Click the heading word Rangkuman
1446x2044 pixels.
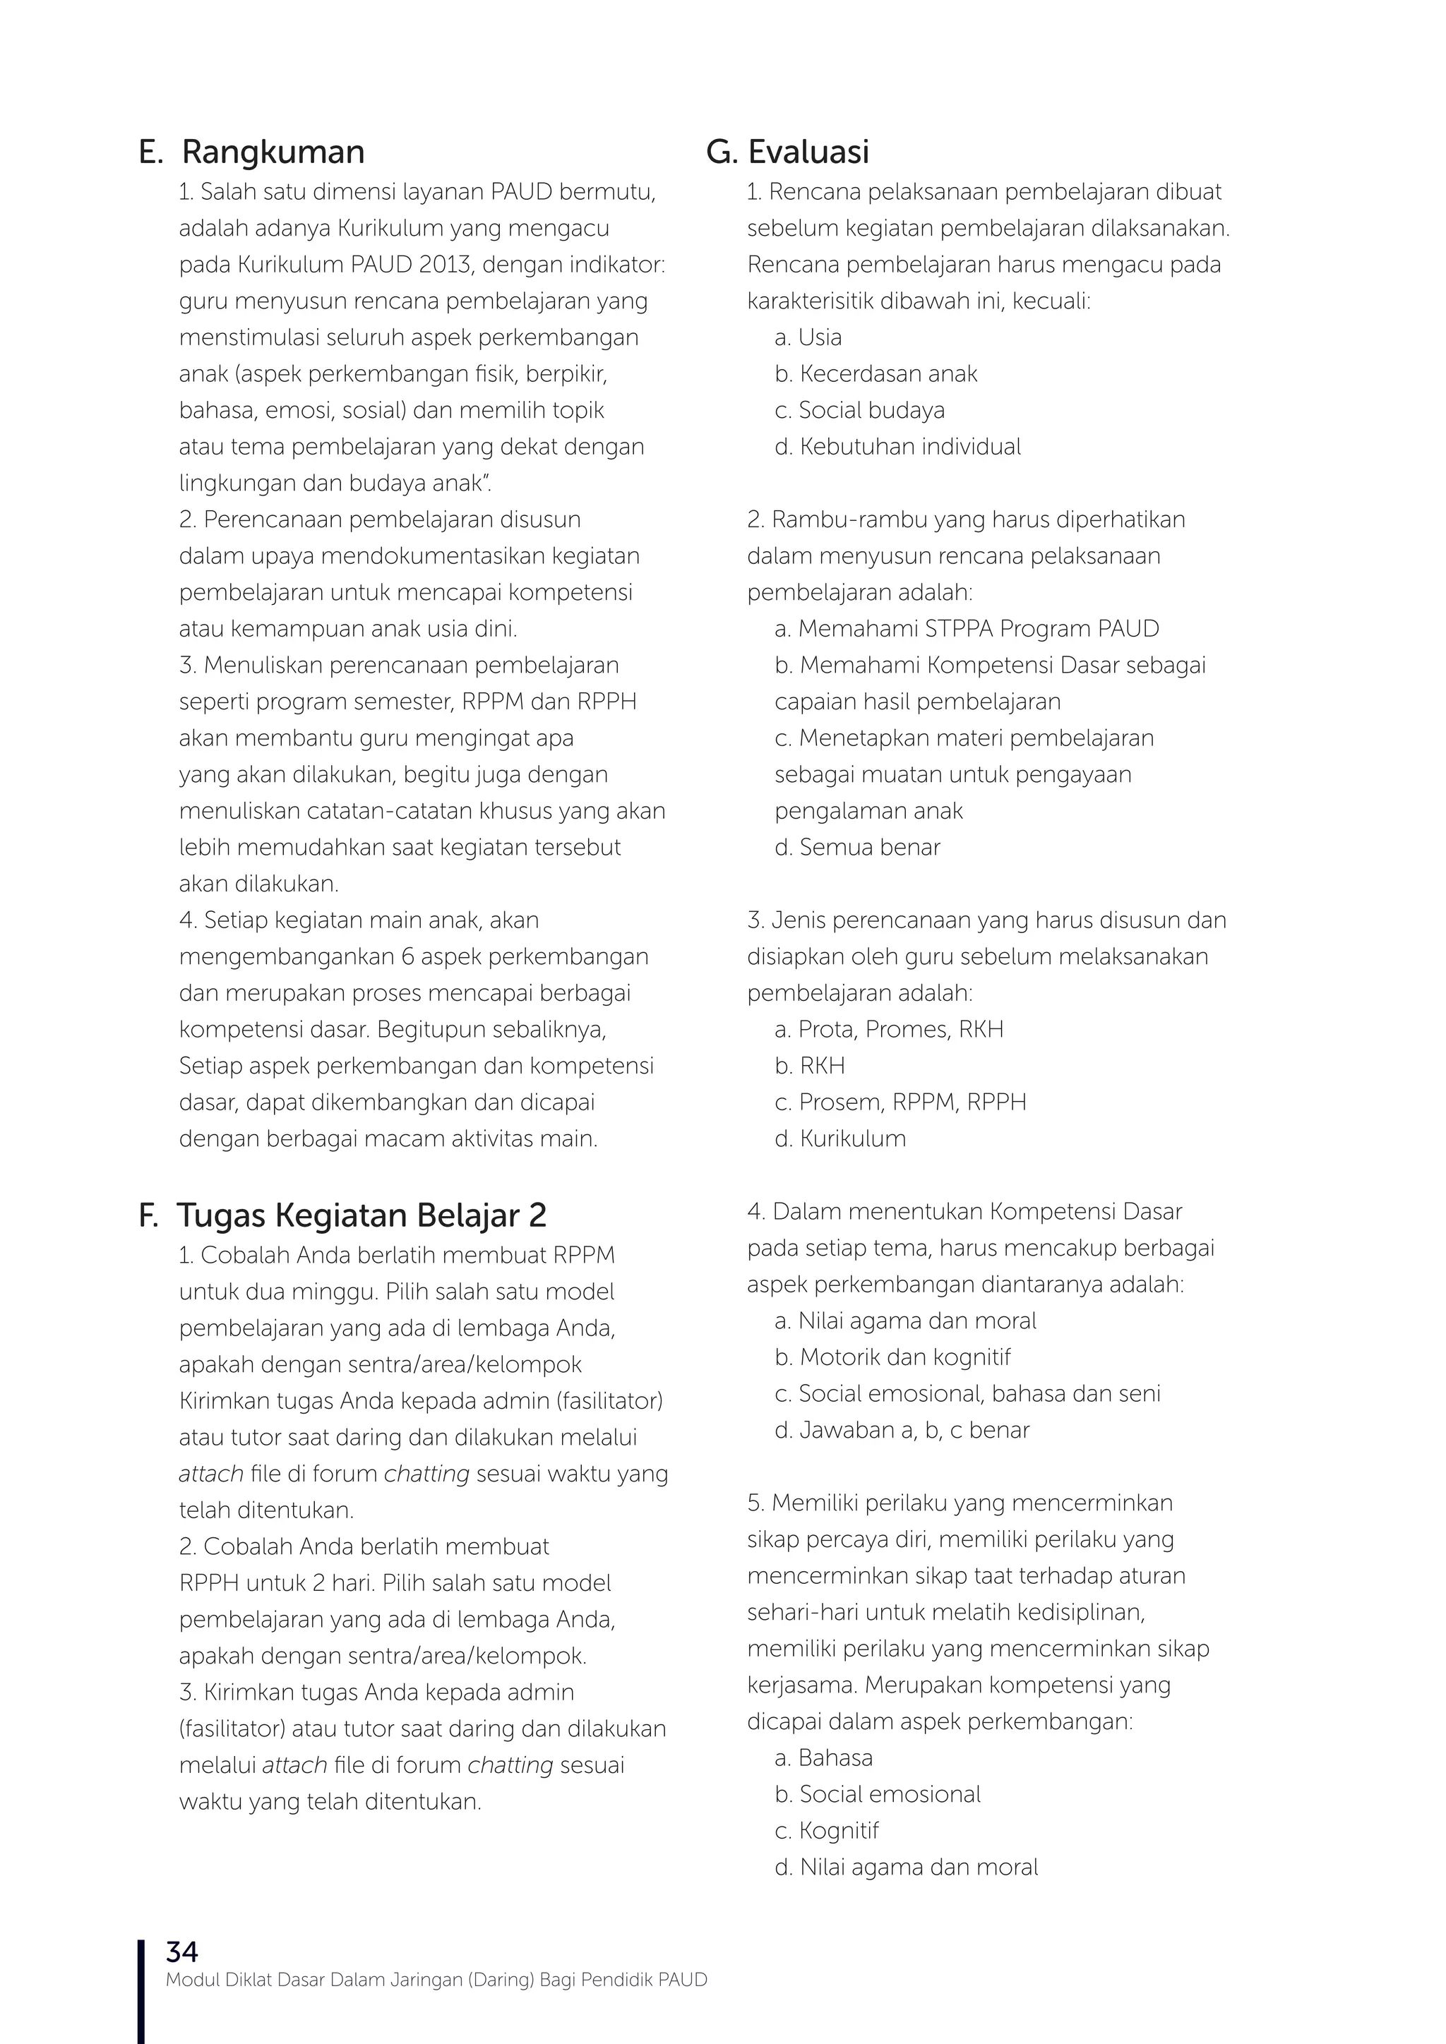click(273, 152)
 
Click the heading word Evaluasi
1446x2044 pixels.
click(808, 152)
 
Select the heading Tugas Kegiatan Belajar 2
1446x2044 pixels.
click(361, 1215)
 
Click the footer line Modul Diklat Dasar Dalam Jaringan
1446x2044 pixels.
click(436, 1980)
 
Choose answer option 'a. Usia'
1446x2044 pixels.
click(808, 337)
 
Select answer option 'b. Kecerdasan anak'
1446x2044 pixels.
click(876, 374)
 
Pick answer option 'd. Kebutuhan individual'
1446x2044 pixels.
click(897, 447)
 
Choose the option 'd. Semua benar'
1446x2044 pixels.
click(856, 848)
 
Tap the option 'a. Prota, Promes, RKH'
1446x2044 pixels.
click(889, 1029)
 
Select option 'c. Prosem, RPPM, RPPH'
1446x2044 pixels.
click(900, 1102)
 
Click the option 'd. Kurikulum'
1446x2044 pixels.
click(839, 1138)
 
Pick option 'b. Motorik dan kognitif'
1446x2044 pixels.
click(892, 1358)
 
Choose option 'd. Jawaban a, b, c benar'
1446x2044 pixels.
click(901, 1431)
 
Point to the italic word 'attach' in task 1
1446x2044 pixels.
click(211, 1474)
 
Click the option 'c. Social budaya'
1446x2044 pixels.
click(859, 410)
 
